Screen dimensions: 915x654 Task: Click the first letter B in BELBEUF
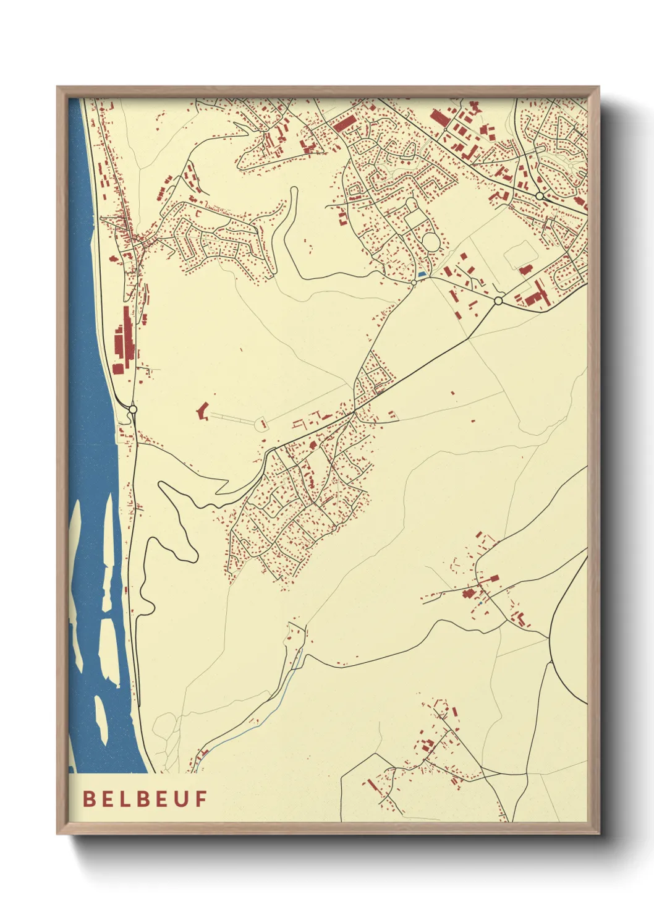pyautogui.click(x=89, y=799)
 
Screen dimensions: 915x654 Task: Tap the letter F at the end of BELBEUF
pyautogui.click(x=202, y=799)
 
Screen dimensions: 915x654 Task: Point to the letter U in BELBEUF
pyautogui.click(x=183, y=799)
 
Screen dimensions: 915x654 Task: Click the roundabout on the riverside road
pyautogui.click(x=132, y=409)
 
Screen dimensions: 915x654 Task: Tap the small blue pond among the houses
pyautogui.click(x=422, y=274)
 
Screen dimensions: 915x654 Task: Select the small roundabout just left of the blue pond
pyautogui.click(x=413, y=283)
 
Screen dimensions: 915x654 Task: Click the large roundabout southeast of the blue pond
pyautogui.click(x=498, y=301)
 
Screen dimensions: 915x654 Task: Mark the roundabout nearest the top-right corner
pyautogui.click(x=540, y=196)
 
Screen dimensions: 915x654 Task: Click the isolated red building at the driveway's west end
pyautogui.click(x=202, y=411)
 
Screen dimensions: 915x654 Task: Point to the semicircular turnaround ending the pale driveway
pyautogui.click(x=261, y=423)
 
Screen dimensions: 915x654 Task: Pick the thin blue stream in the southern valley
pyautogui.click(x=272, y=705)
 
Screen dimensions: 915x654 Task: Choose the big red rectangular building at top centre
pyautogui.click(x=344, y=122)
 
